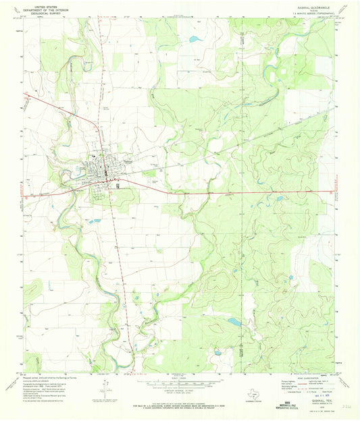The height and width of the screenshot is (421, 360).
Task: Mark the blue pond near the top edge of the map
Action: [195, 40]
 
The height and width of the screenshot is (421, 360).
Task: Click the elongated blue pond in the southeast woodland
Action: [233, 322]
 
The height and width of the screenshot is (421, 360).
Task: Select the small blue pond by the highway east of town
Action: [279, 198]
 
